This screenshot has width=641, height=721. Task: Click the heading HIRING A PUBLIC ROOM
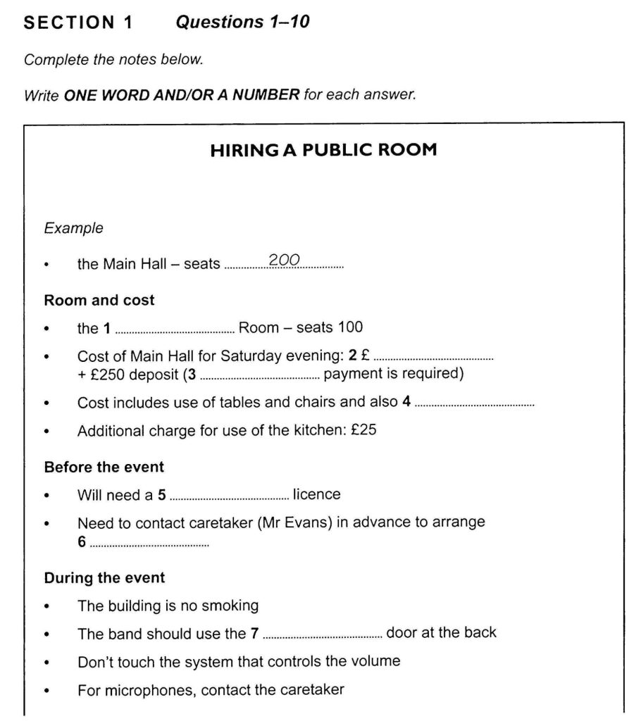click(323, 150)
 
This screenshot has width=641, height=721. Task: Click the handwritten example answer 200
click(285, 261)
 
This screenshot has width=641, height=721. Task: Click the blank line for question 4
click(475, 406)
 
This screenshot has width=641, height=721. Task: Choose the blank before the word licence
click(229, 498)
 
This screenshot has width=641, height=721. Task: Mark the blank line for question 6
click(150, 546)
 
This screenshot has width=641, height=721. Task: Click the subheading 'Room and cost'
click(99, 301)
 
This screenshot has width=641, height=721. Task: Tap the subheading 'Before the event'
click(104, 467)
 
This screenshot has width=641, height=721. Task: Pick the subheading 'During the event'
click(104, 578)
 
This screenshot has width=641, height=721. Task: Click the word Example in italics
click(73, 228)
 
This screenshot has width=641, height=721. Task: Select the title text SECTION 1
click(78, 23)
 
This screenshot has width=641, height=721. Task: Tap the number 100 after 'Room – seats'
click(351, 327)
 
